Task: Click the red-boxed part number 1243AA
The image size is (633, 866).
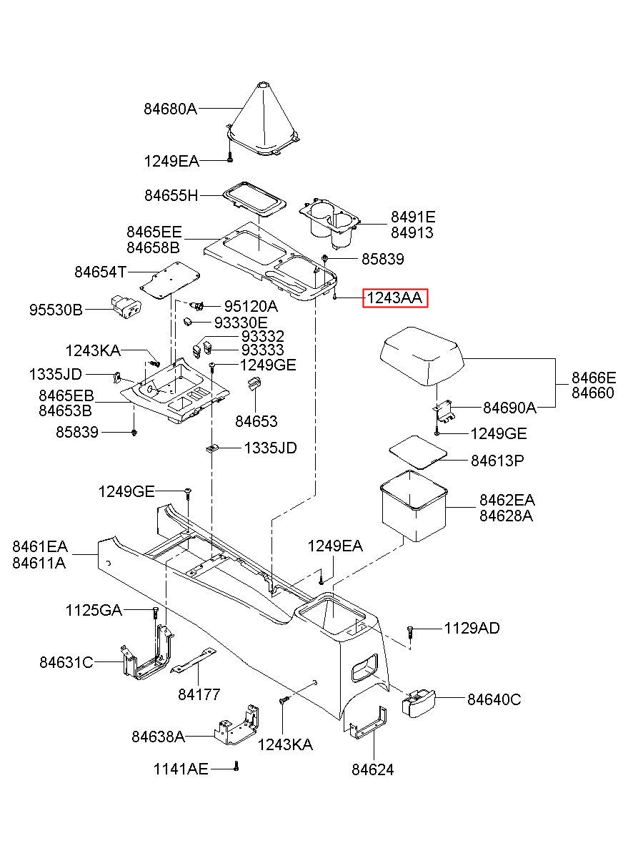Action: point(394,298)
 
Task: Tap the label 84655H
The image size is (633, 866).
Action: point(171,196)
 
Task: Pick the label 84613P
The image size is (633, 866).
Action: point(497,461)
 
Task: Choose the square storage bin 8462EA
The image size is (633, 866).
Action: point(414,506)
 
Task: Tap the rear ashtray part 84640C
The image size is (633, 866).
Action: point(418,704)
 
